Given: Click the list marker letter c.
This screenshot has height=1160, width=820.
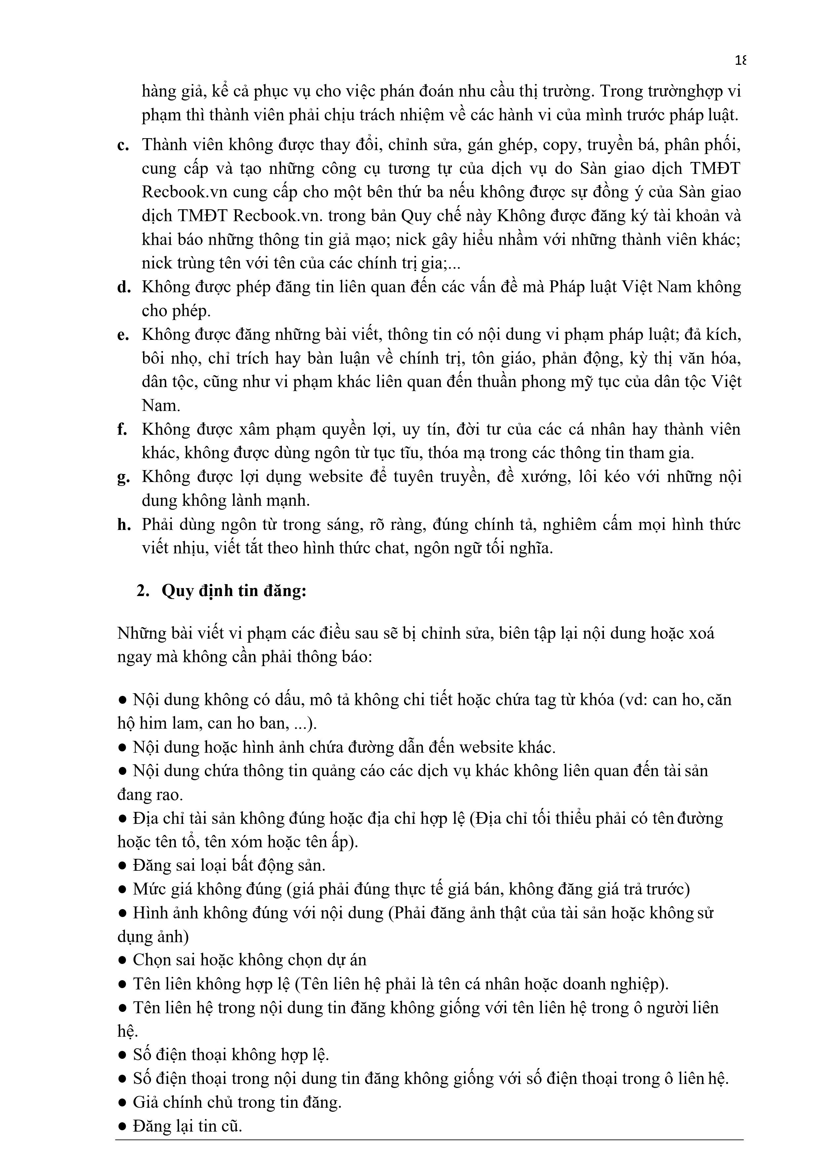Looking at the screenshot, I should click(x=123, y=145).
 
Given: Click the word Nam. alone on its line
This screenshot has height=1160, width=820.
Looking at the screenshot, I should click(x=161, y=406).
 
